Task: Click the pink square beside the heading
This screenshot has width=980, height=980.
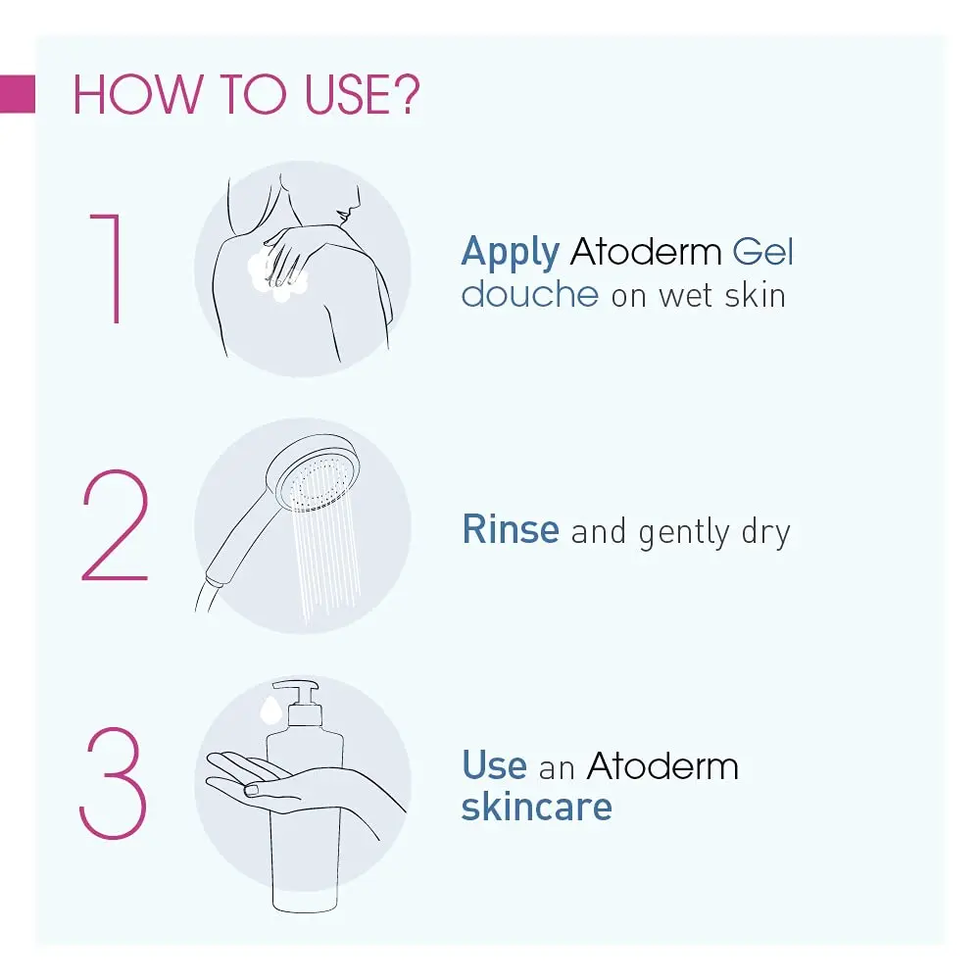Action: point(18,94)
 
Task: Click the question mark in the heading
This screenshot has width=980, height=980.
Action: point(407,94)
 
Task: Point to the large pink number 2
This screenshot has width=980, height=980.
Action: point(116,525)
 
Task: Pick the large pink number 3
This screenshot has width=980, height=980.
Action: point(113,782)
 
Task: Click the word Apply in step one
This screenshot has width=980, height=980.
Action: point(510,253)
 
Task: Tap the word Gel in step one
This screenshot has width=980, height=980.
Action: point(762,251)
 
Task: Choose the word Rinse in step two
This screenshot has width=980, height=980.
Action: point(511,529)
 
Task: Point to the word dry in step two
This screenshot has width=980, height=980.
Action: point(766,533)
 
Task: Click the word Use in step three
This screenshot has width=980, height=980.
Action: point(494,764)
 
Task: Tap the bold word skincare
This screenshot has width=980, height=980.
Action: point(537,806)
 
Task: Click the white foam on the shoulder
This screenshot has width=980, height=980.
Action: point(276,275)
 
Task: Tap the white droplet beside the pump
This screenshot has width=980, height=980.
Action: point(270,710)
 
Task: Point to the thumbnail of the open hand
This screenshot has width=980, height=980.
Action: point(251,791)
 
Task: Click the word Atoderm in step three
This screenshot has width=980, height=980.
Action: point(662,765)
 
